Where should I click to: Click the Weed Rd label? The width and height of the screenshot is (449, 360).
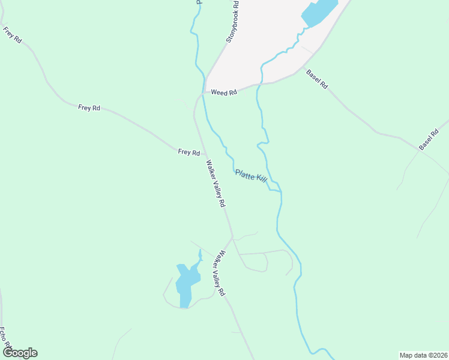point(224,92)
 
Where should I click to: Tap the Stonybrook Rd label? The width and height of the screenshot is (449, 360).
point(233,21)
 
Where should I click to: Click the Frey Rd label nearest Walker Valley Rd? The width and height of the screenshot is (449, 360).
point(188,152)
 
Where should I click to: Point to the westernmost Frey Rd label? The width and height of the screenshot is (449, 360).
point(12,35)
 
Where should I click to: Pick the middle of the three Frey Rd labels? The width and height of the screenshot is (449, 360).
point(89,108)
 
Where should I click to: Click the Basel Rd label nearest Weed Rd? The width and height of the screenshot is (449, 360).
point(317,79)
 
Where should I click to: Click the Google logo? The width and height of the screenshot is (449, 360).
point(20,353)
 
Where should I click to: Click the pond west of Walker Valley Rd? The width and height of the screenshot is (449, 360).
point(187,281)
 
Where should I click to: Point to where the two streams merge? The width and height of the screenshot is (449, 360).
point(280,192)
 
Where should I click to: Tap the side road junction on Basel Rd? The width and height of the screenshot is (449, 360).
point(419,150)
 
